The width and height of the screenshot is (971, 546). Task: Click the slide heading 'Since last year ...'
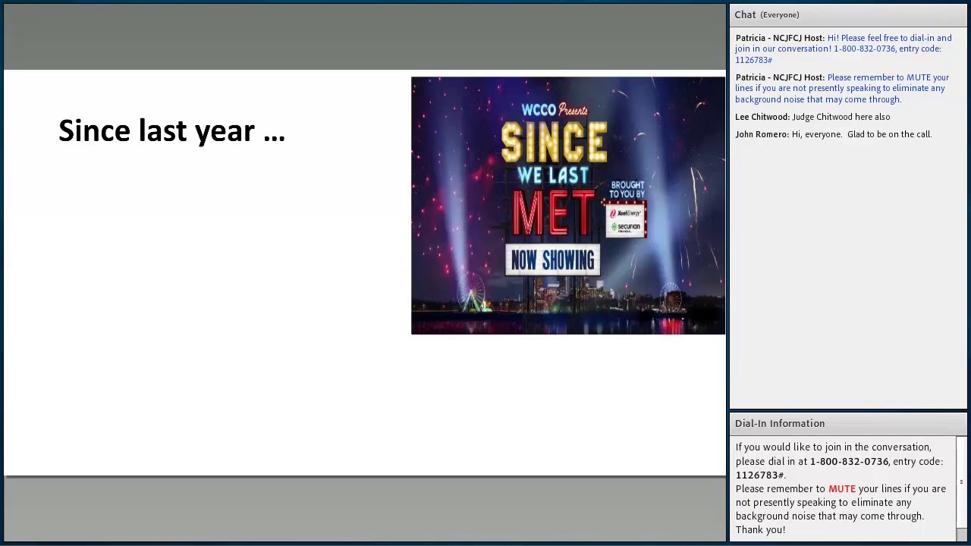tap(171, 131)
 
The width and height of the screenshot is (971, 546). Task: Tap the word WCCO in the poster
tap(539, 110)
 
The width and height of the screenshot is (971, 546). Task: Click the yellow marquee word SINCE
tap(554, 142)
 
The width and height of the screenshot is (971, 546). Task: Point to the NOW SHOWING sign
tap(552, 260)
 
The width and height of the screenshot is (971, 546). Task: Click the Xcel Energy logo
tap(626, 213)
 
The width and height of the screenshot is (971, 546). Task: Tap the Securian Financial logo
tap(626, 227)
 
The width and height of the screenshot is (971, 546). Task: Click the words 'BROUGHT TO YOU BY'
tap(627, 190)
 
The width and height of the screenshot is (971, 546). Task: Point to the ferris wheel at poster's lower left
tap(471, 296)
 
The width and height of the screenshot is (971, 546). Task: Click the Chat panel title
tap(745, 14)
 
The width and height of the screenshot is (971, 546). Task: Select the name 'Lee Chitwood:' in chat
tap(762, 117)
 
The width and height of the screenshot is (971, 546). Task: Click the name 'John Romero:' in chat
tap(762, 134)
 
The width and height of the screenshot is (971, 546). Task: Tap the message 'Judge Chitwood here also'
tap(841, 117)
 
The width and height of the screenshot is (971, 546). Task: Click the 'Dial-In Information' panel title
tap(779, 423)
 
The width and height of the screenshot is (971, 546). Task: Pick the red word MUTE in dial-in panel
tap(841, 489)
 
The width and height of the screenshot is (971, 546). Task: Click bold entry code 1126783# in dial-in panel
tap(759, 475)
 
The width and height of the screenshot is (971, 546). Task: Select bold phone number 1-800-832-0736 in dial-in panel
tap(849, 461)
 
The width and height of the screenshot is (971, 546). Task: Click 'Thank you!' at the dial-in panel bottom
tap(760, 530)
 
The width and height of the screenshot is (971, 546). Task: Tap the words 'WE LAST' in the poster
tap(553, 176)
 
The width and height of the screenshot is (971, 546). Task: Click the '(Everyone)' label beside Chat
tap(780, 15)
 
